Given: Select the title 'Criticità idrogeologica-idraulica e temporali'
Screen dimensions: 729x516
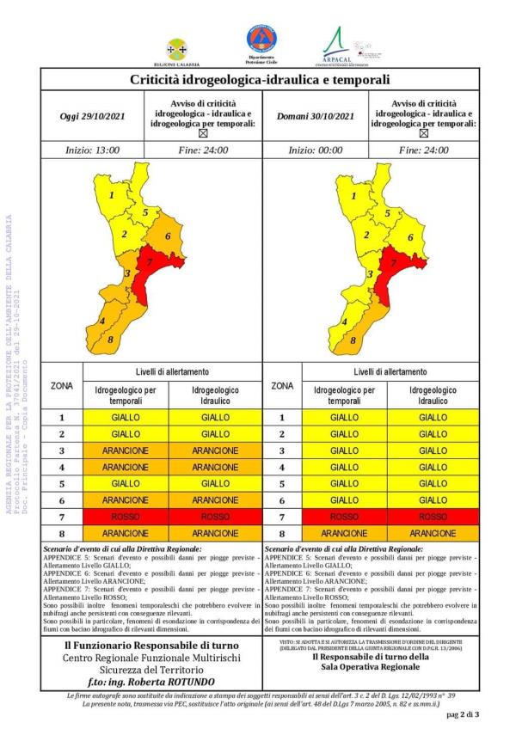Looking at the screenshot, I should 260,79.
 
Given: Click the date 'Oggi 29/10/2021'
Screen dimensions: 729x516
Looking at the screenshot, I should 94,116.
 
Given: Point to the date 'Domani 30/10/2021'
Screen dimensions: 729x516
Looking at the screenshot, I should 315,116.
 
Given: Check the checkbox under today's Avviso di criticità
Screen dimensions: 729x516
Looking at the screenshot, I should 204,134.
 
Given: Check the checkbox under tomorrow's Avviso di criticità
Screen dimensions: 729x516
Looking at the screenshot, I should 425,134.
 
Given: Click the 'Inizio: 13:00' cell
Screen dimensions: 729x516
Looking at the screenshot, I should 94,150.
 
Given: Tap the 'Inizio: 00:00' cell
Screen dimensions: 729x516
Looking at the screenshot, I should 315,150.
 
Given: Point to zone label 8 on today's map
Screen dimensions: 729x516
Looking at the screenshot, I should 110,340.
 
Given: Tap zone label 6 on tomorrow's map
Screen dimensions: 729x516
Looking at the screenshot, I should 410,237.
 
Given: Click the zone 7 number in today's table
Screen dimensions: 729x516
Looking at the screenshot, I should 62,517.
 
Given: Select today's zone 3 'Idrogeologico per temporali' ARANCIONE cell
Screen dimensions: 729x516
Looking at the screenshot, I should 126,450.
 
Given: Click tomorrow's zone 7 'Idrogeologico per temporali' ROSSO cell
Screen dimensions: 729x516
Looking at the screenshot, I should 344,517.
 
